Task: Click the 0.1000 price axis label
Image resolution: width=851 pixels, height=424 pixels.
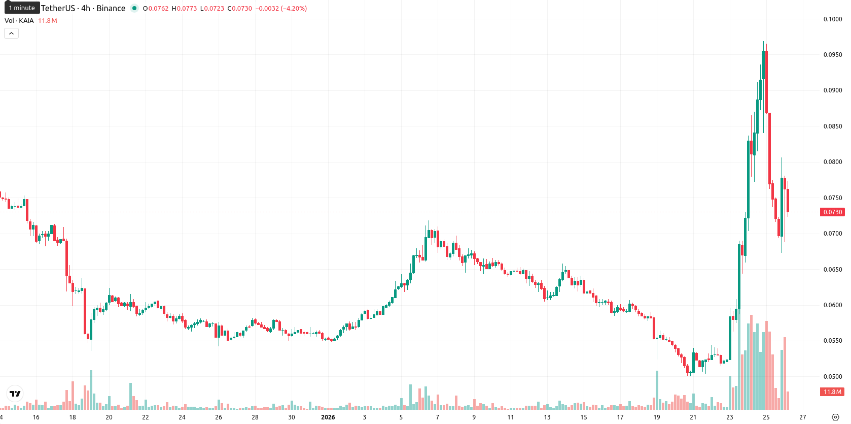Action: tap(833, 19)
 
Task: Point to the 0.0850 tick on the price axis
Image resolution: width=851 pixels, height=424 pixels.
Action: tap(833, 126)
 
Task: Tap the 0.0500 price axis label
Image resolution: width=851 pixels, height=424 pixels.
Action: tap(833, 376)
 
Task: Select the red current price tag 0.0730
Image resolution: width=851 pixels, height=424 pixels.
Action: tap(832, 212)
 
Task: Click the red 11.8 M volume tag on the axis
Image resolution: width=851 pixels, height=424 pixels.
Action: tap(832, 392)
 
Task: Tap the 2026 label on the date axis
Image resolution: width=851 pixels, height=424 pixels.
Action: tap(328, 417)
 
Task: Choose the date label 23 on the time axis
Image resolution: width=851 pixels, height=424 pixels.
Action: tap(729, 417)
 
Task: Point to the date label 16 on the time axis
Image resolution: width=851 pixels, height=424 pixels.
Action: tap(36, 417)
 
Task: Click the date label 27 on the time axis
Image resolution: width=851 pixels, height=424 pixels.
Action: tap(802, 417)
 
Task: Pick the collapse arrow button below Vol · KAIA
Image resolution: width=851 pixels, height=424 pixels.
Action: tap(11, 34)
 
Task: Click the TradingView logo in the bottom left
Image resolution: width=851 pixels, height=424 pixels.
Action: tap(15, 394)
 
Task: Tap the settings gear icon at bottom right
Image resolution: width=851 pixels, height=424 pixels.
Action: tap(835, 417)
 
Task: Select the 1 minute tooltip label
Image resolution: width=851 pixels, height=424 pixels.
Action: tap(22, 8)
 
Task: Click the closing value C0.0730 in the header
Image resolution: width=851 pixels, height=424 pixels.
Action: tap(239, 8)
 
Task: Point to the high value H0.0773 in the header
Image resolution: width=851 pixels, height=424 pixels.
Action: tap(184, 8)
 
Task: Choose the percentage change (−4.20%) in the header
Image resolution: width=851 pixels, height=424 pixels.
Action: tap(294, 8)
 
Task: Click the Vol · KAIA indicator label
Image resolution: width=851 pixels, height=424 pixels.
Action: tap(19, 20)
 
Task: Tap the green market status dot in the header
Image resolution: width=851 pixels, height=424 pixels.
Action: tap(134, 8)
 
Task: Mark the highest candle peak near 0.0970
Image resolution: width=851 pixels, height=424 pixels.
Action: tap(763, 42)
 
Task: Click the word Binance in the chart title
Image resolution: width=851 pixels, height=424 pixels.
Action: tap(111, 8)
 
